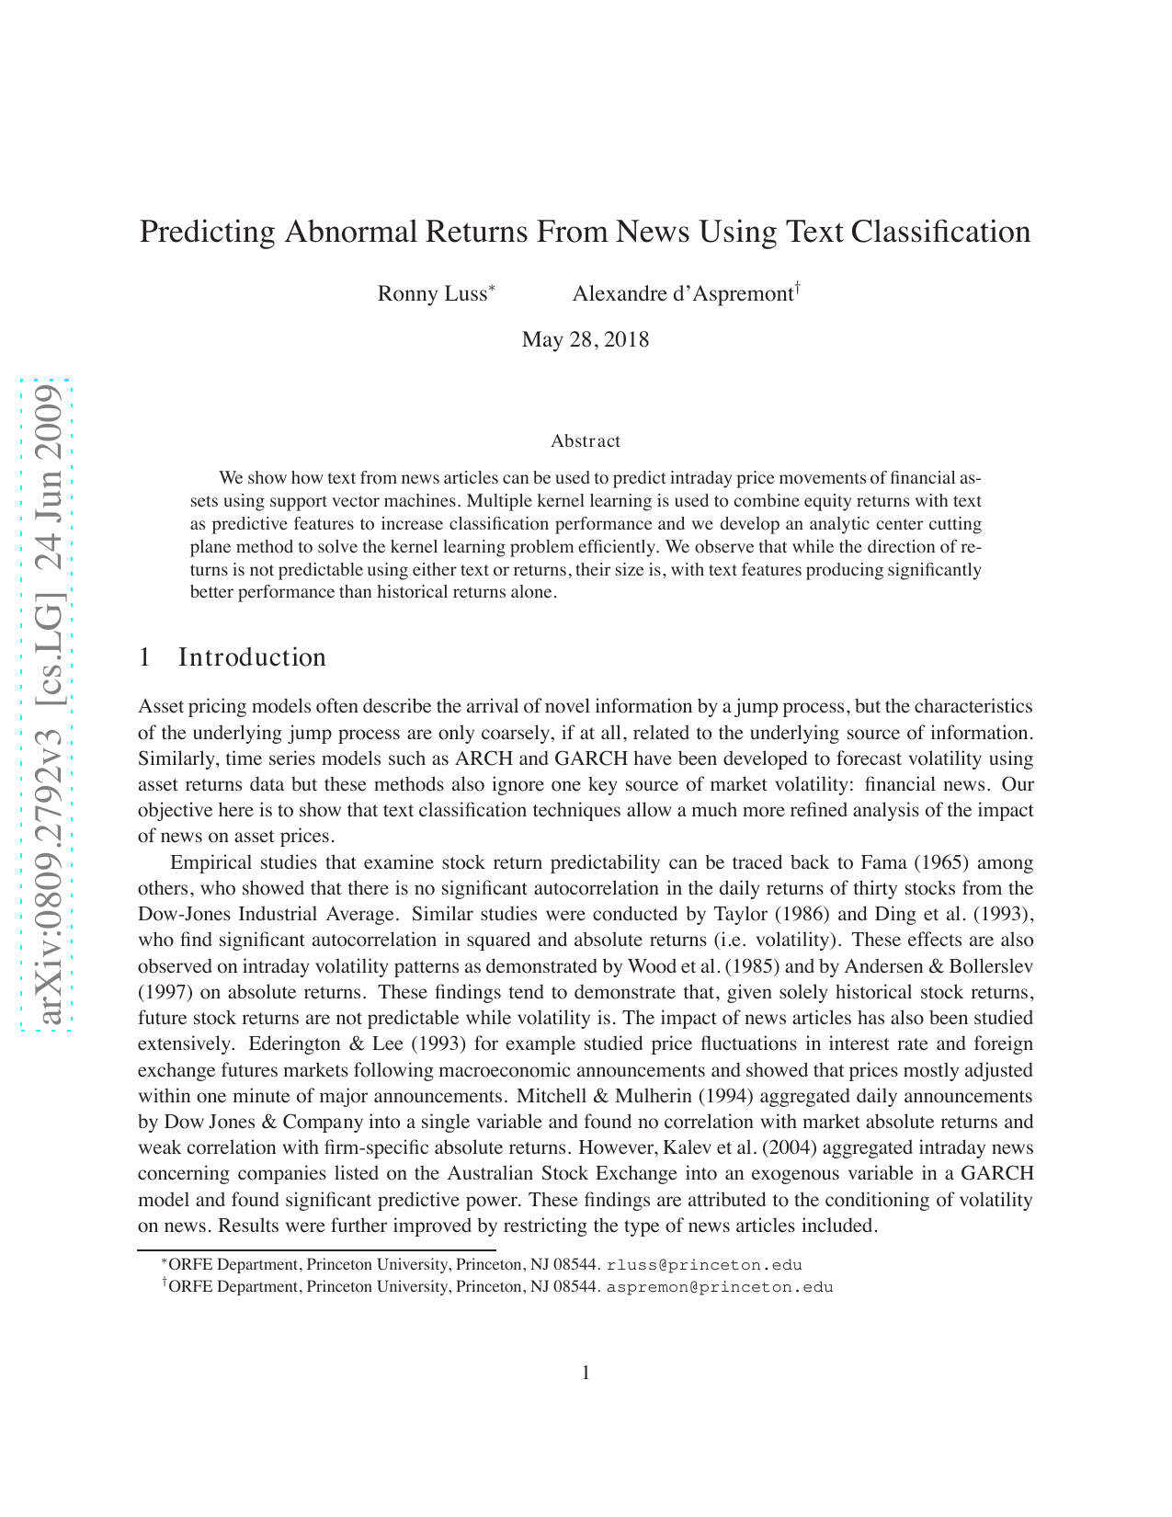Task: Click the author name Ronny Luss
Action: (432, 294)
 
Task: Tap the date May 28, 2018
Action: (585, 340)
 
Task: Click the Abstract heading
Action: (585, 441)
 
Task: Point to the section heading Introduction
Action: (251, 657)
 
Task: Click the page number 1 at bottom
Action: (586, 1374)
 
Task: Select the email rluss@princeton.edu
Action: (704, 1265)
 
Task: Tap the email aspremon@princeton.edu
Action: (719, 1287)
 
